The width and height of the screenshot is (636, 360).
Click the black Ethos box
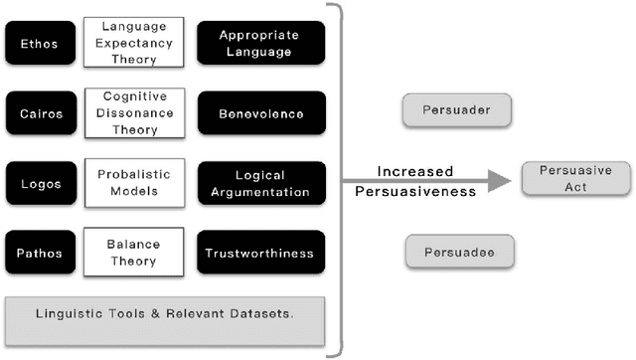pos(39,43)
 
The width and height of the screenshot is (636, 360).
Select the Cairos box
pos(39,113)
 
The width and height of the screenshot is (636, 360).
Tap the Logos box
pos(39,184)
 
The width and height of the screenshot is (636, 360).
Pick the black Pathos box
pos(39,254)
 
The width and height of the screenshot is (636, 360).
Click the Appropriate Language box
pos(260,43)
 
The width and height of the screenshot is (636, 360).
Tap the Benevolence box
pos(260,113)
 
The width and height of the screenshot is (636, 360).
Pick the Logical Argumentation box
pos(260,184)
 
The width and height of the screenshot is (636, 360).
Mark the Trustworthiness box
pos(260,254)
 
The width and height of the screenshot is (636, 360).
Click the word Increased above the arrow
pos(415,170)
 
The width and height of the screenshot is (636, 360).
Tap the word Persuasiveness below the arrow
pos(415,192)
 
